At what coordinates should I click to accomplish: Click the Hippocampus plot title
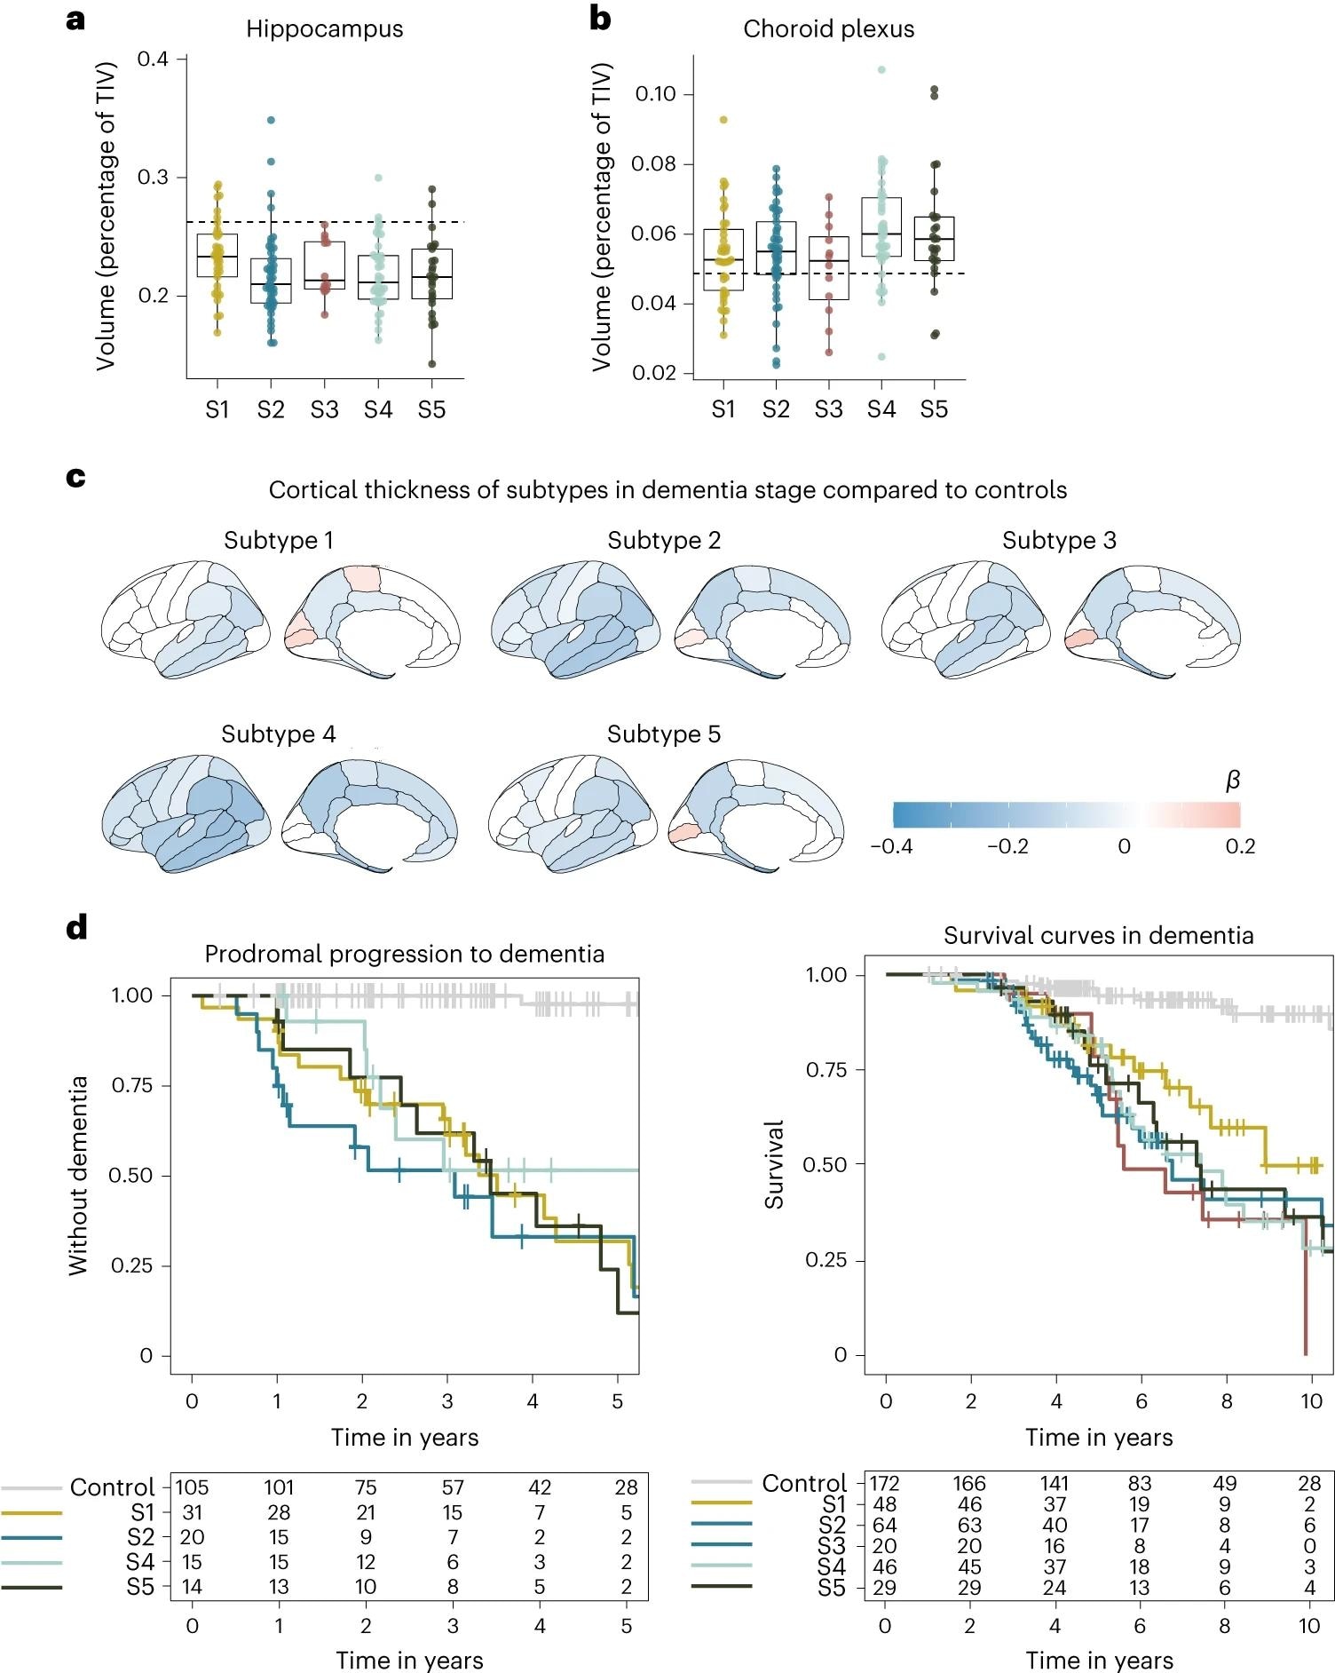[324, 29]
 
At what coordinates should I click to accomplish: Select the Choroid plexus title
[828, 29]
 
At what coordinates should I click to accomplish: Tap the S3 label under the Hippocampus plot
[324, 410]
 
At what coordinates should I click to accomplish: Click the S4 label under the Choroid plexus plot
[881, 409]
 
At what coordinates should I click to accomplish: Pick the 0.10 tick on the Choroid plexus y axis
[655, 94]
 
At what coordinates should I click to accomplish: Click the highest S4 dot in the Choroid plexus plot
[881, 69]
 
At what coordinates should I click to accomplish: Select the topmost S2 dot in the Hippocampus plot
[271, 120]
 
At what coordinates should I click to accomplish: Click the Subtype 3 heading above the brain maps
[1059, 541]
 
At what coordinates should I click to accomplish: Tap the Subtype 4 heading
[278, 734]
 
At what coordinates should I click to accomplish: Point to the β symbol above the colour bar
[1231, 781]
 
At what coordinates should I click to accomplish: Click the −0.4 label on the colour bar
[891, 846]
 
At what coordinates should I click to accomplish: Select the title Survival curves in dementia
[1098, 936]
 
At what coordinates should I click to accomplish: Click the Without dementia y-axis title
[78, 1176]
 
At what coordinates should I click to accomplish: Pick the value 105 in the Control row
[192, 1487]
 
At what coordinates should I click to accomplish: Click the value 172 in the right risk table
[884, 1484]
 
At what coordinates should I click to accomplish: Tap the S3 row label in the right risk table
[832, 1546]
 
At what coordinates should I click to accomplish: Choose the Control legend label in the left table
[112, 1487]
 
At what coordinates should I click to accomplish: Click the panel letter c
[76, 478]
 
